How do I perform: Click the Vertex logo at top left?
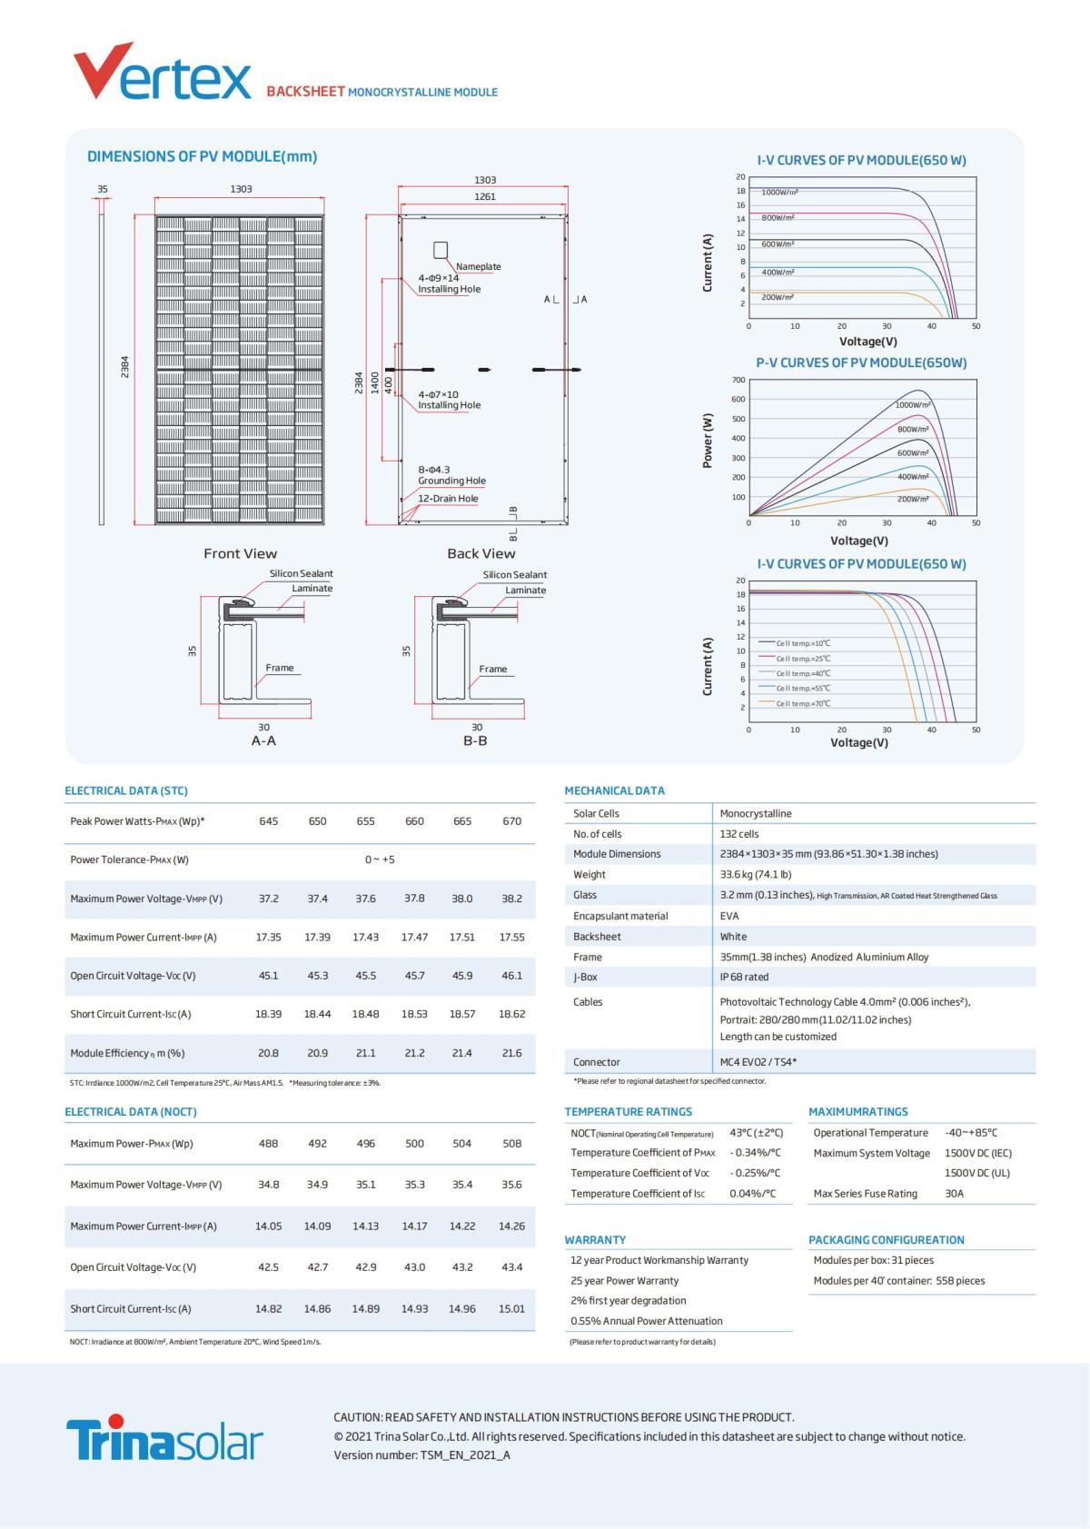coord(162,72)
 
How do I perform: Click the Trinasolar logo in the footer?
coord(164,1437)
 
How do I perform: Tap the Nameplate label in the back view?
coord(478,266)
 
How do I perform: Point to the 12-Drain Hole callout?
coord(448,498)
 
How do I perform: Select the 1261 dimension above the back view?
coord(485,196)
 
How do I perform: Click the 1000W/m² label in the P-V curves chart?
coord(913,404)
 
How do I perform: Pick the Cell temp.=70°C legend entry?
coord(803,703)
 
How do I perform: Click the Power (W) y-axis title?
coord(708,441)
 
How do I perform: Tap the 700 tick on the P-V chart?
coord(738,380)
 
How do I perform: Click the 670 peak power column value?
coord(511,820)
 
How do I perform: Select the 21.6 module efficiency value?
coord(511,1053)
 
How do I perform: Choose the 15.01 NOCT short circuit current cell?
coord(511,1308)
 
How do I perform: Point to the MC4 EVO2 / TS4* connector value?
coord(758,1061)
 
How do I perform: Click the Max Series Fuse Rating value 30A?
coord(954,1193)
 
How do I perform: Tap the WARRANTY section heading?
coord(595,1239)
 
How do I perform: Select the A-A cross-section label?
coord(263,740)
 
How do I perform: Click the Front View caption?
coord(240,553)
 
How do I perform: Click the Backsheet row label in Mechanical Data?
coord(597,936)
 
